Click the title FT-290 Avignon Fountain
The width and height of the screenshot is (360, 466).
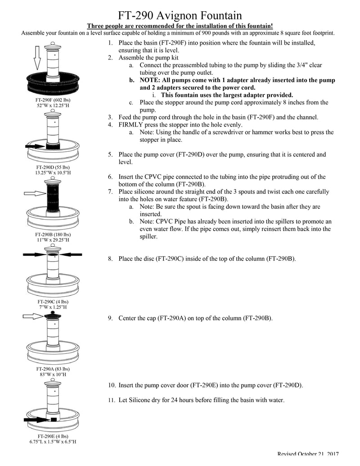coord(180,16)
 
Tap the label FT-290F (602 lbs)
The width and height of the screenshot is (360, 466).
coord(53,99)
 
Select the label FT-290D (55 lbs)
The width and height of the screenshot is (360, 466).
coord(53,167)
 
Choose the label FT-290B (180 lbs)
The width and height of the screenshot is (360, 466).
coord(53,235)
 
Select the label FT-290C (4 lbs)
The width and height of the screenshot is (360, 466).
coord(53,301)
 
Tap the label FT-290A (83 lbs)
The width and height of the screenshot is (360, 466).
coord(53,369)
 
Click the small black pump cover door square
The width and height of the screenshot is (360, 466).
coord(54,419)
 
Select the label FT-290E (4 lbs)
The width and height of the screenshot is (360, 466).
coord(53,436)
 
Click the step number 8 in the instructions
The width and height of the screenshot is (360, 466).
coord(110,259)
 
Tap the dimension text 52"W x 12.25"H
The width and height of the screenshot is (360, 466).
coord(53,105)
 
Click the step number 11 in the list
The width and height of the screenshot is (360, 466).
coord(111,400)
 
